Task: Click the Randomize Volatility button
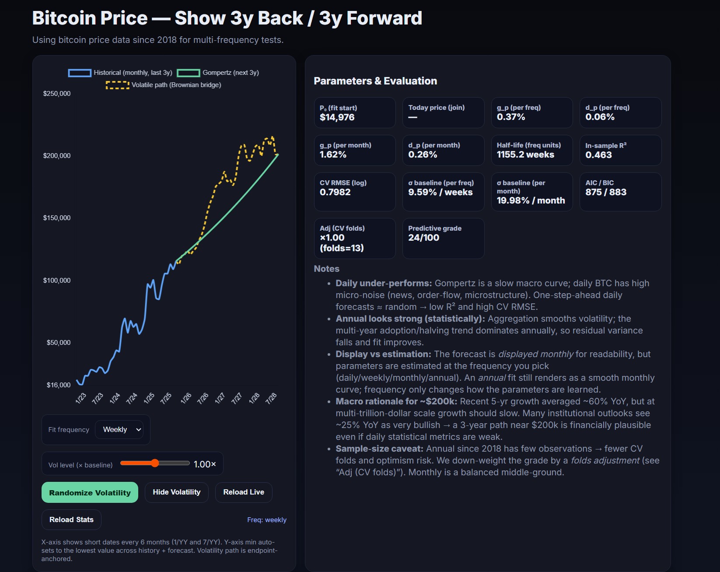pos(90,492)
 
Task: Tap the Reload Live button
pos(243,492)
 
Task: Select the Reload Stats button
pos(71,519)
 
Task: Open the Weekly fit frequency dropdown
pos(119,429)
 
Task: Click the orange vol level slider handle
pos(155,463)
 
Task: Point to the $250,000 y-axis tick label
pos(57,94)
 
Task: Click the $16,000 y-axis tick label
pos(59,385)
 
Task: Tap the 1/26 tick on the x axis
pos(186,398)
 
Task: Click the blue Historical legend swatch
pos(80,73)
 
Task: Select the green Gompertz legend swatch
pos(188,73)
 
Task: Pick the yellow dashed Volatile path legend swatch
pos(117,85)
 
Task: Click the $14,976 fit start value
pos(337,117)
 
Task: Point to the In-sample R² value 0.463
pos(598,155)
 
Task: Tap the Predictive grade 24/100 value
pos(423,238)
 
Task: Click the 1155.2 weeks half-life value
pos(525,154)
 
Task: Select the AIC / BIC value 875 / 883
pos(606,192)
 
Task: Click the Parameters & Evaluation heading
pos(375,81)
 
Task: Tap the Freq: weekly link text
pos(266,520)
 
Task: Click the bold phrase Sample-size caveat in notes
pos(379,449)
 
